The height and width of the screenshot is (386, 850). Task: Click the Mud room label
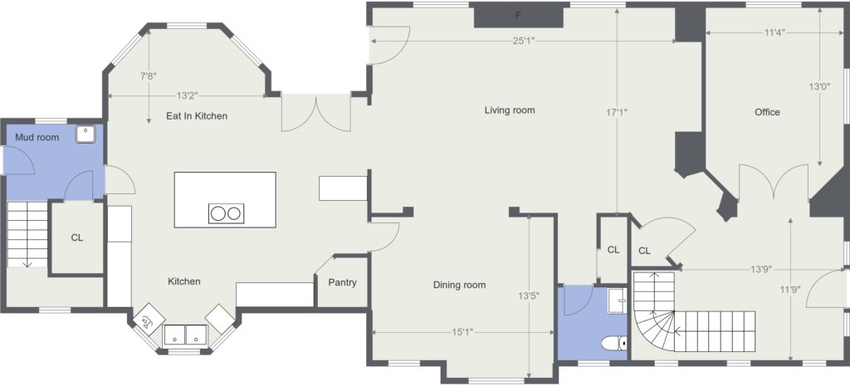tap(37, 138)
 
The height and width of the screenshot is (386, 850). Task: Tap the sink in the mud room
tap(85, 134)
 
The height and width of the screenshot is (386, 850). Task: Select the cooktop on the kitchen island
tap(226, 213)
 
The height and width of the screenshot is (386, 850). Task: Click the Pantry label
tap(343, 282)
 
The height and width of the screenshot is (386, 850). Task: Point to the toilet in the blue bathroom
tap(614, 343)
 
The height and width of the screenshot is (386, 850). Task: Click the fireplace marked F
tap(518, 15)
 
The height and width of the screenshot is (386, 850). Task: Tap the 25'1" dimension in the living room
tap(524, 41)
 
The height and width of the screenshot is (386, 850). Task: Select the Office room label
tap(768, 112)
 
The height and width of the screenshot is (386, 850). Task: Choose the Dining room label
tap(459, 286)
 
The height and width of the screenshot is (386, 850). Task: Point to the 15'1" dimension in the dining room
tap(462, 332)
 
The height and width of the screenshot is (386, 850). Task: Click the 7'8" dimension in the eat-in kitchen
tap(149, 76)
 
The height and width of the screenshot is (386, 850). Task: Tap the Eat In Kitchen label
tap(197, 116)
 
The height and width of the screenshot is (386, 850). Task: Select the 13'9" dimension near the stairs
tap(761, 269)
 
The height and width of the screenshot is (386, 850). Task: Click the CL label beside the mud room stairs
tap(77, 238)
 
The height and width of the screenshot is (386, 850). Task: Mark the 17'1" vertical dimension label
tap(618, 113)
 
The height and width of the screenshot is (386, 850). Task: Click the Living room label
tap(510, 110)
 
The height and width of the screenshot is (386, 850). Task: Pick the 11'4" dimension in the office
tap(776, 32)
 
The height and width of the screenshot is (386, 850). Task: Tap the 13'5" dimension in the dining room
tap(529, 296)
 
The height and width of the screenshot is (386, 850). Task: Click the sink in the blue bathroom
tap(617, 300)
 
